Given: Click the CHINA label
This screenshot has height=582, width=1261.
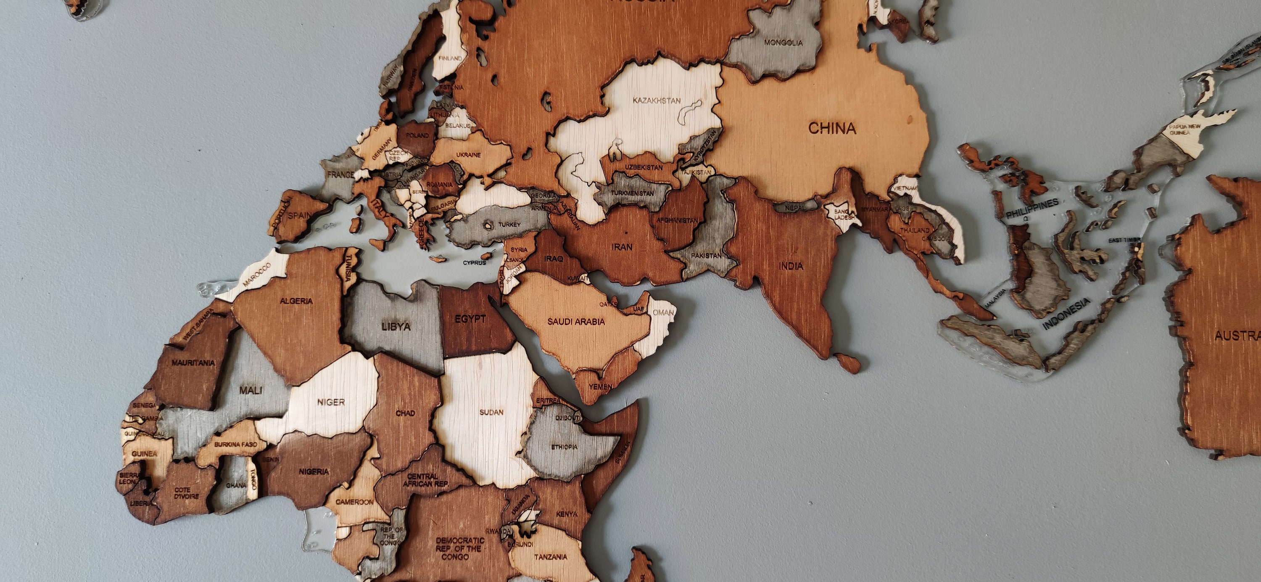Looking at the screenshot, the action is pyautogui.click(x=832, y=128).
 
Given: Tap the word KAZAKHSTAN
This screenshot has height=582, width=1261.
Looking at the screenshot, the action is pyautogui.click(x=657, y=101).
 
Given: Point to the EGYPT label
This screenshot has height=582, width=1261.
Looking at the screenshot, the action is pyautogui.click(x=470, y=319).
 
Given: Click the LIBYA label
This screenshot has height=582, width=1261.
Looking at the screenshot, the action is pyautogui.click(x=396, y=326).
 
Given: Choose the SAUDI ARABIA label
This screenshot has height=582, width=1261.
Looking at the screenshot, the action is pyautogui.click(x=576, y=322).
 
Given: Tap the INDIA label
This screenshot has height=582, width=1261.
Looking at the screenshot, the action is pyautogui.click(x=791, y=266).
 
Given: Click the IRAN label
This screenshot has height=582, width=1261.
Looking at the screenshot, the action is pyautogui.click(x=622, y=247).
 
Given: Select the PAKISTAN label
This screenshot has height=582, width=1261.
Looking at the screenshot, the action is pyautogui.click(x=706, y=256).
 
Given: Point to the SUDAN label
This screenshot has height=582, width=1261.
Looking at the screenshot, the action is pyautogui.click(x=491, y=412).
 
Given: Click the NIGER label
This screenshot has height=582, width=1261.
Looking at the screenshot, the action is pyautogui.click(x=331, y=402).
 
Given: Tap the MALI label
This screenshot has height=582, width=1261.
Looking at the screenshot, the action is pyautogui.click(x=251, y=390).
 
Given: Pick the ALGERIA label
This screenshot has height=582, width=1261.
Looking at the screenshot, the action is pyautogui.click(x=296, y=301).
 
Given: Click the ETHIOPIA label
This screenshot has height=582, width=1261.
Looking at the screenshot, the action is pyautogui.click(x=564, y=447).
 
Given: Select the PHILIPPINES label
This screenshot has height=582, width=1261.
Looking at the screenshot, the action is pyautogui.click(x=1032, y=208).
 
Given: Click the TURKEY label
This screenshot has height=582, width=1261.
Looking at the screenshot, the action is pyautogui.click(x=509, y=225).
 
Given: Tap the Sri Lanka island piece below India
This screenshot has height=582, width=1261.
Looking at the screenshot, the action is pyautogui.click(x=850, y=363).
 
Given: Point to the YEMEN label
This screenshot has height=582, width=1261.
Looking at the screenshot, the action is pyautogui.click(x=600, y=387).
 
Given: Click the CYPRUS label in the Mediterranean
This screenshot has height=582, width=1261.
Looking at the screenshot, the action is pyautogui.click(x=474, y=262).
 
